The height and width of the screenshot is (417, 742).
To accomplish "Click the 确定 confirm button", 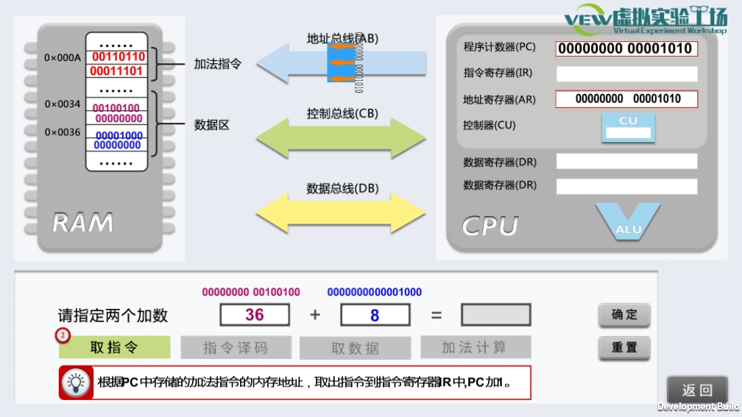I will pos(624,316).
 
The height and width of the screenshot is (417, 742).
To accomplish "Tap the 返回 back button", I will pos(697,391).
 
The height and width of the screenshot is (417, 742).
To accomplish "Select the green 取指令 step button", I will pos(114,347).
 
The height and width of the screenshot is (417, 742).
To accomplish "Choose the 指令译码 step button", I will pos(236,348).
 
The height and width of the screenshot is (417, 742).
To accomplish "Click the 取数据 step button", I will pos(355,348).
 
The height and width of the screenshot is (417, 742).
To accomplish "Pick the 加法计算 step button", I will pos(475,347).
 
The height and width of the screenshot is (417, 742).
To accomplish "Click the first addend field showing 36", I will pos(255,315).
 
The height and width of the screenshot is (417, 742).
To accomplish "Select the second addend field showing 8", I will pos(375,315).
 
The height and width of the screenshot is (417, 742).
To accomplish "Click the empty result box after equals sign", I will pos(495,315).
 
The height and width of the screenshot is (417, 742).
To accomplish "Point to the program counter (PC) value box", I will pos(626,49).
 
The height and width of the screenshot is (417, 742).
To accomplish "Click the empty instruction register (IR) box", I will pos(626,74).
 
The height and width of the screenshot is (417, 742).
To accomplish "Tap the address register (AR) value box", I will pos(626,99).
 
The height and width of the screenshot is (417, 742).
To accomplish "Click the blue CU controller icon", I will pos(628,126).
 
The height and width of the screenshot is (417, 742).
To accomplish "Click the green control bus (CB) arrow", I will pos(341,137).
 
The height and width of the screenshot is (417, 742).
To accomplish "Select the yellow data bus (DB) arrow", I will pos(341,213).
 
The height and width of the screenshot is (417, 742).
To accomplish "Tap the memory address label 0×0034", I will pos(63,104).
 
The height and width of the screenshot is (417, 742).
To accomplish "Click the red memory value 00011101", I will pos(118,71).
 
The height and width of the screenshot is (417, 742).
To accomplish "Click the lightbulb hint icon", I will pos(75,382).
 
